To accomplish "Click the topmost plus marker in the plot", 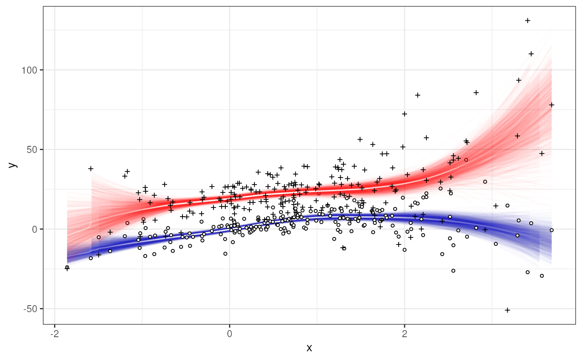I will [528, 20].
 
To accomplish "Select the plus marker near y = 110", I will [531, 54].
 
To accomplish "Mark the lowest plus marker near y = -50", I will [507, 310].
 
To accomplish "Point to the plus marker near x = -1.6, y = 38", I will [91, 169].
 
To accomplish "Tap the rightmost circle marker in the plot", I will [552, 230].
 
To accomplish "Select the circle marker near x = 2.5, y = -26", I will [453, 271].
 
